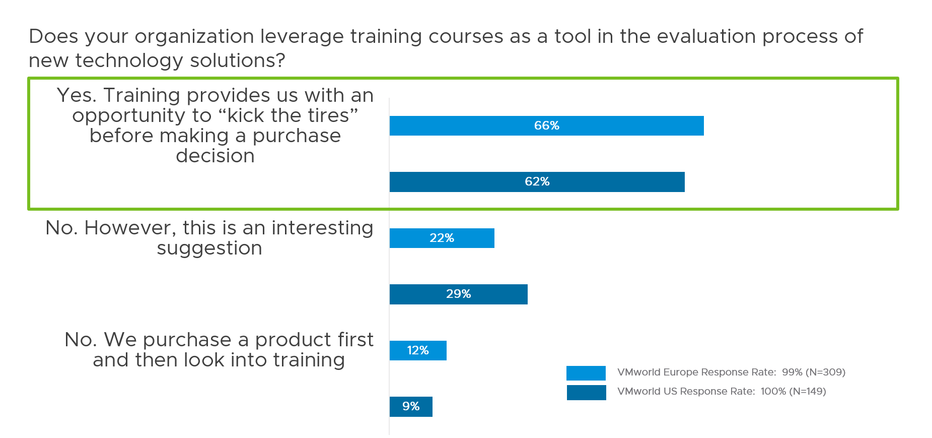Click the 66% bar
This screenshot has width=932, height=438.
546,126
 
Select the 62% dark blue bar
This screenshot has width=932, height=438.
537,181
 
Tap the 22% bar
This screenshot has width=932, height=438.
442,238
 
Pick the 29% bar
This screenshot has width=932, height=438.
458,294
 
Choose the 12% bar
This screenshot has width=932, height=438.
418,350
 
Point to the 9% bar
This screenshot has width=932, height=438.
411,406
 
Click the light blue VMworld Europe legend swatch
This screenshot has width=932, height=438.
586,373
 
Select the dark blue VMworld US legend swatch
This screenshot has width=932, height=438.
586,392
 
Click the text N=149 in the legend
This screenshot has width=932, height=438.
807,392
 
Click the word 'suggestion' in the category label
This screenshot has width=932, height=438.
209,248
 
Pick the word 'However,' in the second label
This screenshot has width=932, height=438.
130,228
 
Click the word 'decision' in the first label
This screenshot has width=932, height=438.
215,156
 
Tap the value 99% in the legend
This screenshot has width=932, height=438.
792,372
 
